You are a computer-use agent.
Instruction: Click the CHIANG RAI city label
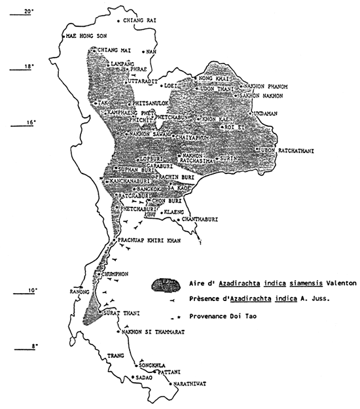139,21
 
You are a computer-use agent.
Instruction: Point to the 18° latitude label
27,67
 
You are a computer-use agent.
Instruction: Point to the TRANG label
115,356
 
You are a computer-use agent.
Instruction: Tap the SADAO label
144,378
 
